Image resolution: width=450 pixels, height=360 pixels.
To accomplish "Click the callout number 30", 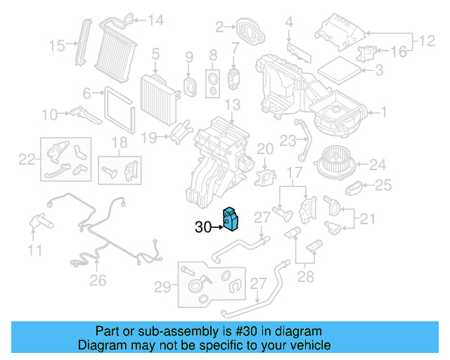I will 202,227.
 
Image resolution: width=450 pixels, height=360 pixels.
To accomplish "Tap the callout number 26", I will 98,281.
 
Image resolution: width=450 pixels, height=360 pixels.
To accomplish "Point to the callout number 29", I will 162,286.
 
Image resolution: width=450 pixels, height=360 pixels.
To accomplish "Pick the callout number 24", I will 378,165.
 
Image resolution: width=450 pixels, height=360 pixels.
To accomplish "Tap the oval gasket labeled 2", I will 248,30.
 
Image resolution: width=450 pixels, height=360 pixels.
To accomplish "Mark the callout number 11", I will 35,250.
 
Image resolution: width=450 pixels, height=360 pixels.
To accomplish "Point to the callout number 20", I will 264,148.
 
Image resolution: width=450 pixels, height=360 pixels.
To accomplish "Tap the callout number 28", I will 305,276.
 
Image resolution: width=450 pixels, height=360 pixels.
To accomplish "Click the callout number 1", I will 384,111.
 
